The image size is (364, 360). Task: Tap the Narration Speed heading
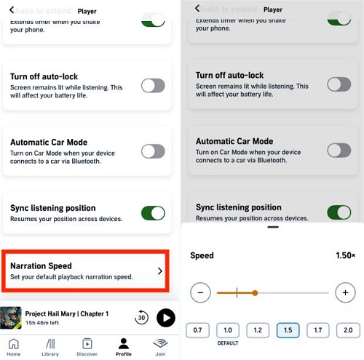pyautogui.click(x=41, y=266)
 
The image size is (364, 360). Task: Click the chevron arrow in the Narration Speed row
pyautogui.click(x=160, y=271)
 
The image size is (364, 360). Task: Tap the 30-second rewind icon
pyautogui.click(x=142, y=318)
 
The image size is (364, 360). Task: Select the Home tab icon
pyautogui.click(x=14, y=345)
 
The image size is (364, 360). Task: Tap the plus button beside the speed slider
pyautogui.click(x=345, y=293)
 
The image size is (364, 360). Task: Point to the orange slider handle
pyautogui.click(x=256, y=293)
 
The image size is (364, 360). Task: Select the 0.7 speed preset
pyautogui.click(x=197, y=330)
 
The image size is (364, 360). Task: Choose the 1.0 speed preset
pyautogui.click(x=228, y=330)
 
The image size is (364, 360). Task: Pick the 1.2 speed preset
pyautogui.click(x=258, y=330)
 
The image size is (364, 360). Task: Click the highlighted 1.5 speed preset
pyautogui.click(x=288, y=330)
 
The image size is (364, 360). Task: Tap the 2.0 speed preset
pyautogui.click(x=347, y=330)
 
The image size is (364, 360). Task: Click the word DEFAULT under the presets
pyautogui.click(x=228, y=343)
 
